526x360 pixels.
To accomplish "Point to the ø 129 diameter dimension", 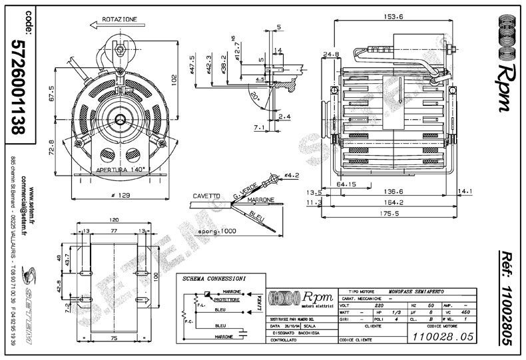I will click(x=121, y=196).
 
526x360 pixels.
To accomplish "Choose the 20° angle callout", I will click(x=256, y=94).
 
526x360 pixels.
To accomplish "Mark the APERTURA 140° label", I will click(x=121, y=170).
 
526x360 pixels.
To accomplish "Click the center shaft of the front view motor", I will click(x=121, y=118).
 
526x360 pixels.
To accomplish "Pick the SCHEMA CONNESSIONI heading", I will click(x=214, y=277).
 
